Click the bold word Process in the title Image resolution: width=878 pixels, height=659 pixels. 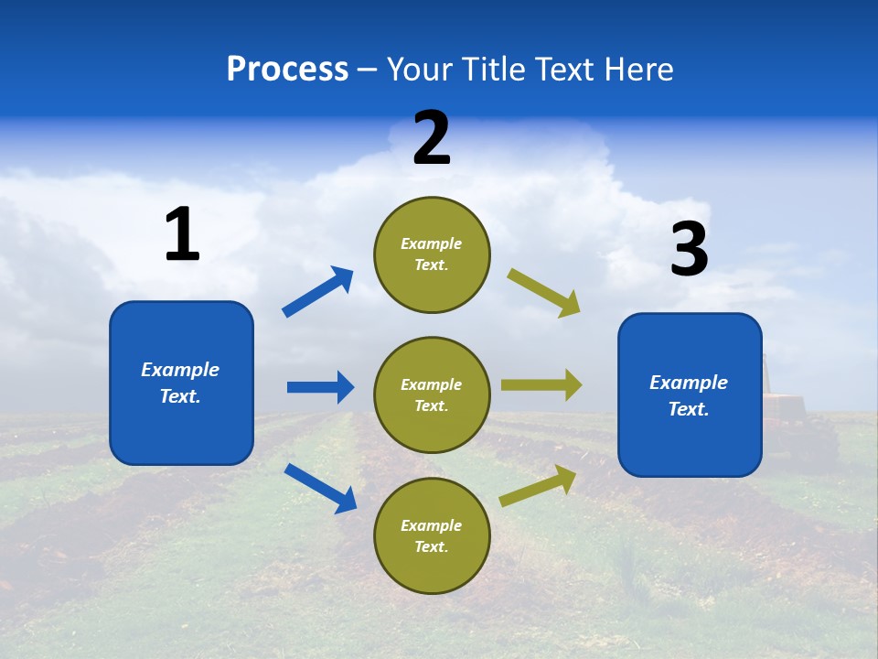click(287, 69)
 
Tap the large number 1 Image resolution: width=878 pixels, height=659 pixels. click(182, 234)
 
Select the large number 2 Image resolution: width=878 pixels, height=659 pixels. click(432, 138)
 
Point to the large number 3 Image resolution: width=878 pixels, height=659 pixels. click(689, 250)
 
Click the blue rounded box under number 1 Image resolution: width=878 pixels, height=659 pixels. click(181, 383)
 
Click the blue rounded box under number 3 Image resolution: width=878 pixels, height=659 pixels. click(690, 394)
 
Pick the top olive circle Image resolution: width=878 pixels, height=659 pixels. click(432, 254)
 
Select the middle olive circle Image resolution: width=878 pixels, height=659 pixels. click(432, 394)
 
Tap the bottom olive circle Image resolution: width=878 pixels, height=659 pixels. click(432, 535)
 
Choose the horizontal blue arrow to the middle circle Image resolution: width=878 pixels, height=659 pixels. click(320, 387)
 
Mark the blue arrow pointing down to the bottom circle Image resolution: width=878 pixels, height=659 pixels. click(320, 488)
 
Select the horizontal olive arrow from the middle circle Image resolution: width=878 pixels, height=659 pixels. click(541, 385)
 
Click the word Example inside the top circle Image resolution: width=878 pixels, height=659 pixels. click(432, 243)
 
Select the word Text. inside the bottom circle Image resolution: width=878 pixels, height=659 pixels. click(432, 546)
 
